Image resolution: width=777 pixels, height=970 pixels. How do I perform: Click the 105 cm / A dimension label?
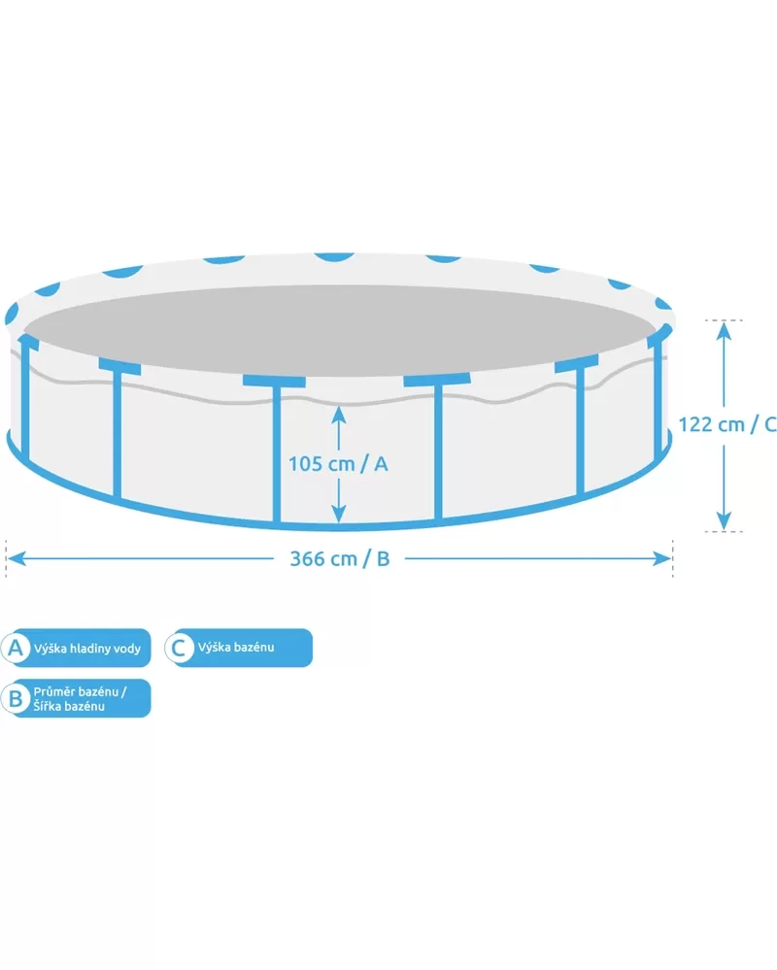coord(338,463)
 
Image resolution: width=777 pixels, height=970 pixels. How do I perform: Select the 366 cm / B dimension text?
coord(340,558)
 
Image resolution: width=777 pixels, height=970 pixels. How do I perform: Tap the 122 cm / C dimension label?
coord(727,424)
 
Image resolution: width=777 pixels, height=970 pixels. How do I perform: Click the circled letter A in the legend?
coord(16,648)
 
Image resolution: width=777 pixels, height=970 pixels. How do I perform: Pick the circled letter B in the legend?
coord(16,698)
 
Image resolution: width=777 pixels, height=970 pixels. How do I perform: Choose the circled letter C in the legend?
coord(178,648)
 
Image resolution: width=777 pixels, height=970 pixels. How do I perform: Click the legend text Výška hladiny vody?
coord(87,649)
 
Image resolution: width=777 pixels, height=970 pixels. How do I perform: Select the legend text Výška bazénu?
coord(236,647)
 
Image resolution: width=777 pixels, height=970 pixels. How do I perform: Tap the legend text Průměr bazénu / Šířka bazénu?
coord(80,698)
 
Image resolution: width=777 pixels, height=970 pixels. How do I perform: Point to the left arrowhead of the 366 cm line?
coord(15,558)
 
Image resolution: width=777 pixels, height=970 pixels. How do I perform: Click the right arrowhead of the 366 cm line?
coord(662,558)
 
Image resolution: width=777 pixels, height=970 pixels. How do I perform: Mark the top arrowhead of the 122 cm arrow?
coord(724,331)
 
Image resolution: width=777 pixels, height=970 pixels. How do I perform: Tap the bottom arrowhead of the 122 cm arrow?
coord(724,520)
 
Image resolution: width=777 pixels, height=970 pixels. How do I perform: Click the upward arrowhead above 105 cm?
coord(338,415)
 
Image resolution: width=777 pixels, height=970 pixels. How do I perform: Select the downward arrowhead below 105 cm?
coord(338,513)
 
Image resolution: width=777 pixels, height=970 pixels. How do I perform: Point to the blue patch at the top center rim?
coord(334,257)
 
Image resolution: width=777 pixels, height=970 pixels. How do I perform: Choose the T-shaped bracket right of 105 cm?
coord(437,447)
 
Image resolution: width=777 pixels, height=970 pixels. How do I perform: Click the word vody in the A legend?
coord(127,649)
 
